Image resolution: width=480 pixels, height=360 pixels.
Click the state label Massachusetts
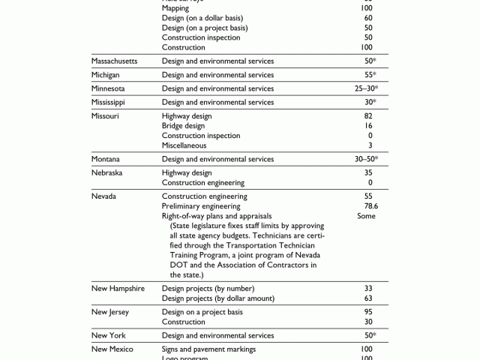115,61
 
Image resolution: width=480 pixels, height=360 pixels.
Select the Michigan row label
106,75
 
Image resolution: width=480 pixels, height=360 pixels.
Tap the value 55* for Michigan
370,75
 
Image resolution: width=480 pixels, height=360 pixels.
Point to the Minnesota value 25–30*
367,88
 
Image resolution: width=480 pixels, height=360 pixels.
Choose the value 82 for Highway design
368,116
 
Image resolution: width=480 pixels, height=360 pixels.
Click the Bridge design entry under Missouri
183,126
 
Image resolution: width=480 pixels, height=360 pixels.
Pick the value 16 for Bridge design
368,126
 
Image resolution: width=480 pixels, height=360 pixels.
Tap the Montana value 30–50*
367,159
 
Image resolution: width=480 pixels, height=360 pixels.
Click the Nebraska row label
107,172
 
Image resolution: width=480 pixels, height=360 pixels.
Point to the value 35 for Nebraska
368,172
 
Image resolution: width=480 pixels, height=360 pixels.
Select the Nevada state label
104,196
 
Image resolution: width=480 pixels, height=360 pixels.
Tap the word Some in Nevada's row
367,216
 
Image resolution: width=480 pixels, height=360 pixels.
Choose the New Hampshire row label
118,288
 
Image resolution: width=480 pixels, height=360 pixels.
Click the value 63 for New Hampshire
368,298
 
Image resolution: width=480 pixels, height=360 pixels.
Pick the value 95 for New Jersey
368,312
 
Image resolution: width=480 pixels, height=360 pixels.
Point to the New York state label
109,335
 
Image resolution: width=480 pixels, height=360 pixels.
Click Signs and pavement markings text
208,349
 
